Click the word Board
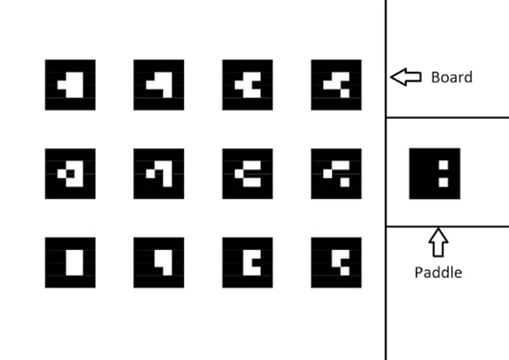pos(451,77)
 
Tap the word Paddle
pos(438,272)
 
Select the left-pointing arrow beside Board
pos(405,77)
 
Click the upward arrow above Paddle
pos(438,242)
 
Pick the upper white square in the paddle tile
pos(443,165)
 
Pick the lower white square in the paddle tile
pos(443,182)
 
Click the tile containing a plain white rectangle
pos(70,262)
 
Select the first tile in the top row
pos(70,85)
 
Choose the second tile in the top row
pos(159,85)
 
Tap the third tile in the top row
pos(248,85)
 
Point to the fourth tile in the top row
pos(336,85)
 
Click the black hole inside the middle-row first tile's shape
pos(70,174)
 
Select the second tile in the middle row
pos(159,174)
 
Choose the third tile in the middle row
pos(248,174)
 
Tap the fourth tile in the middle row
pos(336,174)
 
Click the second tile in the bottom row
pos(159,262)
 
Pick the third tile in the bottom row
pos(248,262)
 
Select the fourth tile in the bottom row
pos(336,262)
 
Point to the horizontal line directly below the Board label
pos(447,118)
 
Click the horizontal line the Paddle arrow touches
pos(472,226)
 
